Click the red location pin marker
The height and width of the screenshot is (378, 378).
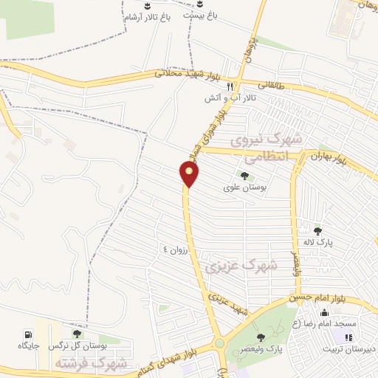[x=190, y=174]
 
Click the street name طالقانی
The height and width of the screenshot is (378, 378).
[x=269, y=86]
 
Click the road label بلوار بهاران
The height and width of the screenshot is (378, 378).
[x=329, y=157]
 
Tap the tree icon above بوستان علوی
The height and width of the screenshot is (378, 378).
[x=244, y=176]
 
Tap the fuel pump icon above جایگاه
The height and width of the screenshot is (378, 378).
[x=29, y=334]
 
